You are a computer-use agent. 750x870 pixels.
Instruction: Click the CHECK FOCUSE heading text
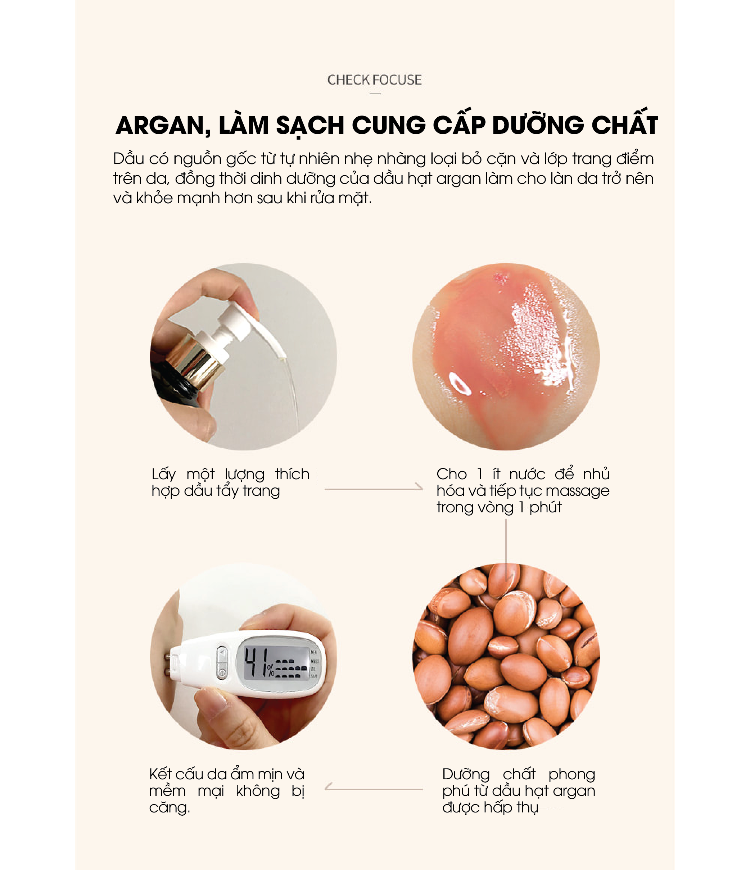375,80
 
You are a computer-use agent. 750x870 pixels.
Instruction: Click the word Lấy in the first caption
164,475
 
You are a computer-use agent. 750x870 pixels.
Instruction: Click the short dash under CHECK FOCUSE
375,94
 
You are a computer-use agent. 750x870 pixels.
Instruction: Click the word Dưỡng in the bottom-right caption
466,775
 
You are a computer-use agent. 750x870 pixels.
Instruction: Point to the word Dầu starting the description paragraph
129,159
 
